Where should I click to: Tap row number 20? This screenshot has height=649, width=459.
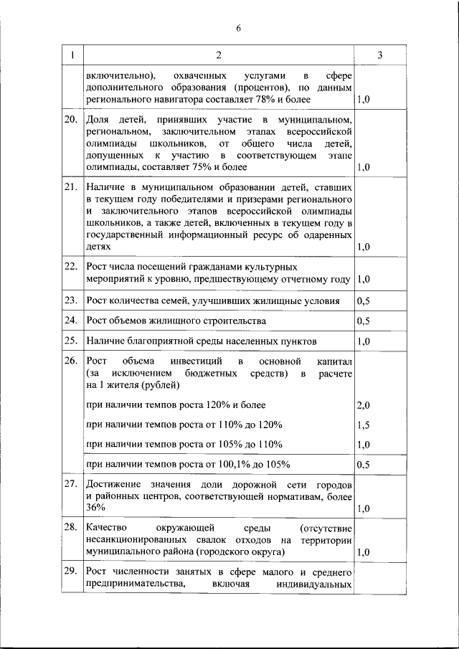71,119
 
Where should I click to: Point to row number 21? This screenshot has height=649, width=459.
71,188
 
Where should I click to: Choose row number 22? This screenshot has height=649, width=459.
71,266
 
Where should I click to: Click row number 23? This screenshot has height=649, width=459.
71,300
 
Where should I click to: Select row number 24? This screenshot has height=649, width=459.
71,320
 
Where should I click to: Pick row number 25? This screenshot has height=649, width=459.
71,340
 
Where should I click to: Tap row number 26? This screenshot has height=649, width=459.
71,360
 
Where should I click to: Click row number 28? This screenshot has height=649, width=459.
71,527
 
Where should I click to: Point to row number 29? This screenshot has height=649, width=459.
71,572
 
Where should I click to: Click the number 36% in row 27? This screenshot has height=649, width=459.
95,508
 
